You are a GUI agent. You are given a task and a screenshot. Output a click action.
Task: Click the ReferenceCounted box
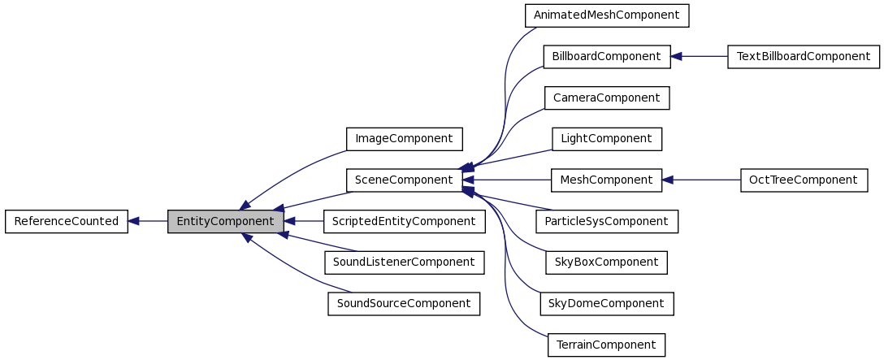67,221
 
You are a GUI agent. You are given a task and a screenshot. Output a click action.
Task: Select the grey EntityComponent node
226,221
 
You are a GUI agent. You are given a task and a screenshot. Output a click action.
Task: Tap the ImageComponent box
404,139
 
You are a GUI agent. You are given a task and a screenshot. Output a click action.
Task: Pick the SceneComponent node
404,180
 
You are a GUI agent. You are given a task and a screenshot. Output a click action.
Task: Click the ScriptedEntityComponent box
404,221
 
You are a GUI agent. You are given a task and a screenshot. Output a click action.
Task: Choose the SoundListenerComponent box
404,262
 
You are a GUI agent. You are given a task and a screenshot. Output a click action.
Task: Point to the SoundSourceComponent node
404,303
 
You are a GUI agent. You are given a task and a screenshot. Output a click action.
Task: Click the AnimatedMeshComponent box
606,15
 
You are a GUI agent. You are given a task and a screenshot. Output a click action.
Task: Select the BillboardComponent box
606,56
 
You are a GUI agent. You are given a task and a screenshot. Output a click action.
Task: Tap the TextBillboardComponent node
803,56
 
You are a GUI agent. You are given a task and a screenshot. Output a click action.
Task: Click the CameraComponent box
606,98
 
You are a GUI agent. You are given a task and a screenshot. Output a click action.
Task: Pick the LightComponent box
606,139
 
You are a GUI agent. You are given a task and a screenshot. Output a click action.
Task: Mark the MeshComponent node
606,180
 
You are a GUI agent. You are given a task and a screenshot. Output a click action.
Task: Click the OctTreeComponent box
803,180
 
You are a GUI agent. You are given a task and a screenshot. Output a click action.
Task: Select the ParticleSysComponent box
606,221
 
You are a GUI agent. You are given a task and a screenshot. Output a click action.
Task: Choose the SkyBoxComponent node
606,262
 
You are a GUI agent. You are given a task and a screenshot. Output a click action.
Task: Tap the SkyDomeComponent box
606,303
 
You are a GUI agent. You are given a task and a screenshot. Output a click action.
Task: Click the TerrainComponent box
606,345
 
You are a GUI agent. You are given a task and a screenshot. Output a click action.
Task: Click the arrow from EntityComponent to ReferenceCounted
148,221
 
